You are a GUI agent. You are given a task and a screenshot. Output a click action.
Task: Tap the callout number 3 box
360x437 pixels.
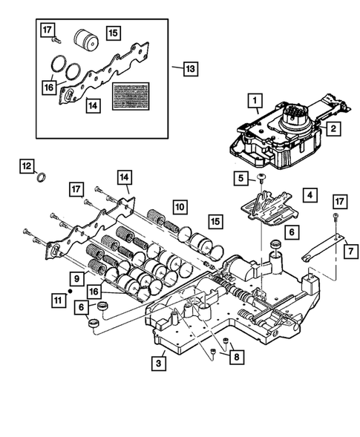click(x=157, y=363)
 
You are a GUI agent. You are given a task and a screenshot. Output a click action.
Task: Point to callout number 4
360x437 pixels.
click(x=306, y=195)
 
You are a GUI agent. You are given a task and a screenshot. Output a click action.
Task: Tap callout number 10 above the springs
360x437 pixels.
click(x=180, y=206)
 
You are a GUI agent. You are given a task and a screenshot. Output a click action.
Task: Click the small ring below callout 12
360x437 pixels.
click(x=42, y=179)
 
